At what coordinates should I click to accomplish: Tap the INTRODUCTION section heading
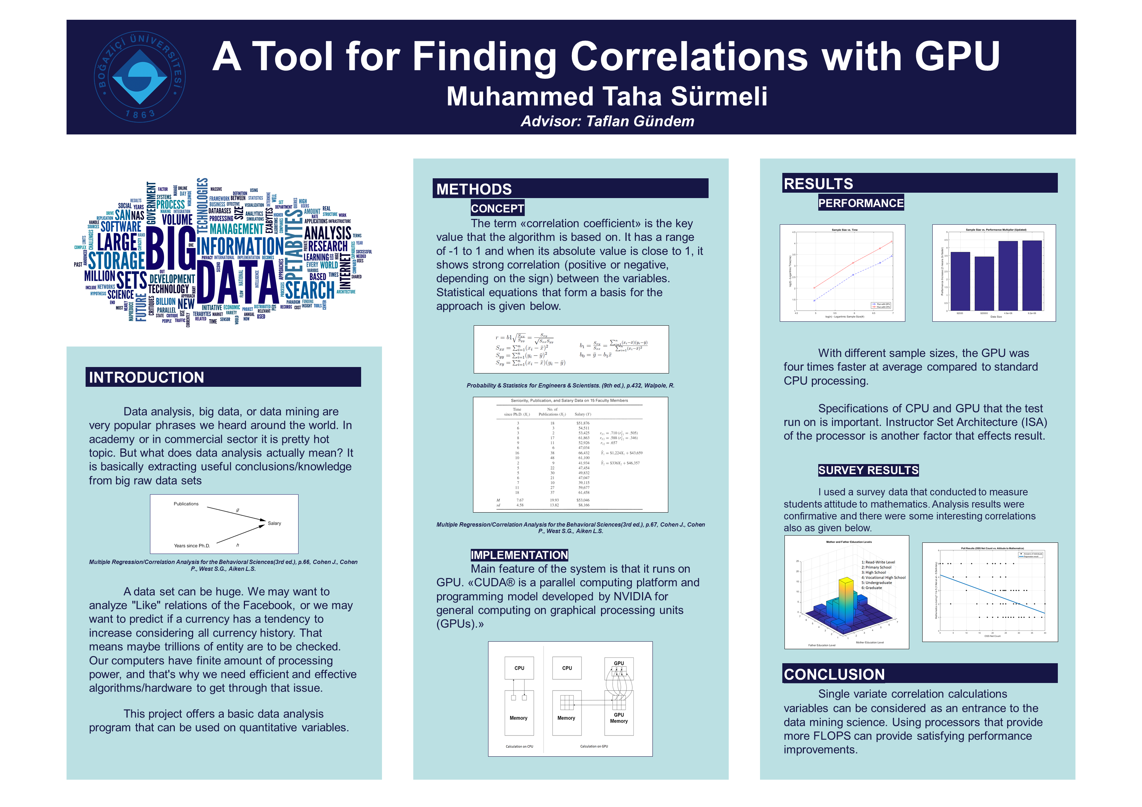click(146, 377)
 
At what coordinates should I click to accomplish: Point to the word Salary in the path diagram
click(274, 523)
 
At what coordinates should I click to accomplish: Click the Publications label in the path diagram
click(186, 504)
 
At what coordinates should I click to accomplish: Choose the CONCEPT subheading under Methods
click(497, 208)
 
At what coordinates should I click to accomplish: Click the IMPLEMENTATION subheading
click(519, 555)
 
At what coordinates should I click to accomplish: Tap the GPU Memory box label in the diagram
click(618, 717)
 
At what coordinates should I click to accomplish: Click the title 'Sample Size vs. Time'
click(845, 230)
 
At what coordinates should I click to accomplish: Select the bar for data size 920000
click(984, 283)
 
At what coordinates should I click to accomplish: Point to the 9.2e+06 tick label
click(1032, 313)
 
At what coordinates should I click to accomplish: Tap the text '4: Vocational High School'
click(883, 577)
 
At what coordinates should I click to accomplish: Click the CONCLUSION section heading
click(834, 674)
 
